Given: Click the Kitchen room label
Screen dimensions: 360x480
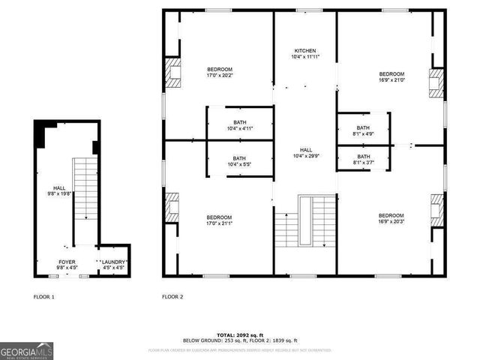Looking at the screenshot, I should (x=304, y=51).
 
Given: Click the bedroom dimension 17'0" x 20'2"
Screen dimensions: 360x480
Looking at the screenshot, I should (x=220, y=75).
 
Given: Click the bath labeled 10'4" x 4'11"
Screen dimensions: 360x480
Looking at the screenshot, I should (x=239, y=128).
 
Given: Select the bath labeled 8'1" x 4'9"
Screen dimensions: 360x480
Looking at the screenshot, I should (x=363, y=133).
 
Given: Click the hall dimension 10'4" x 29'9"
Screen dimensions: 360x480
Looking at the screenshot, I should (x=304, y=156).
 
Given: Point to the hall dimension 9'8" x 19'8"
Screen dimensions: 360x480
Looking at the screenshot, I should (x=59, y=193).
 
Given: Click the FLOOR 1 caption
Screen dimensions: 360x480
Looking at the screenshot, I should (x=44, y=297).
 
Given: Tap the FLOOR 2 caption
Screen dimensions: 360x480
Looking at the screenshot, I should (x=172, y=297).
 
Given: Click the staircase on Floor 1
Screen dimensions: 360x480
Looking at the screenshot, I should (x=84, y=187).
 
